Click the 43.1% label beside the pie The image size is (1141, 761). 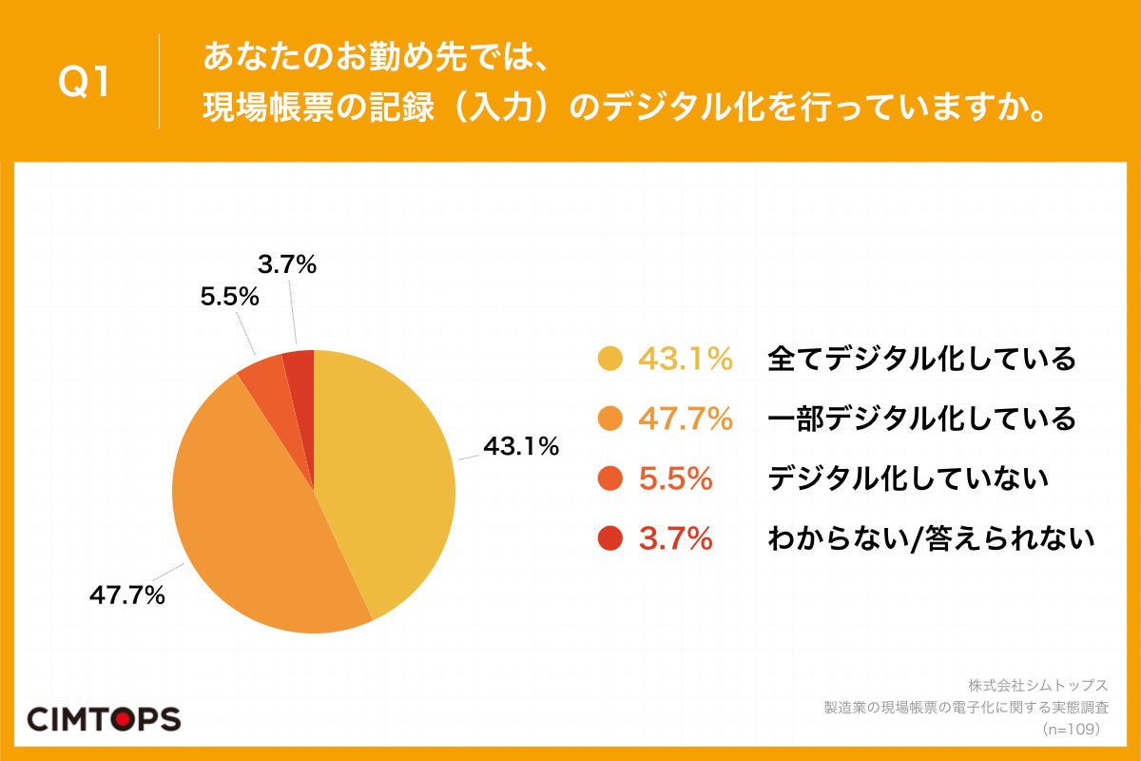(x=521, y=445)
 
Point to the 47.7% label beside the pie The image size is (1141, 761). (x=127, y=596)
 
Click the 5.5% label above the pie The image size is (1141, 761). (x=229, y=297)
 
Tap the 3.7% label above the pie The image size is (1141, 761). (x=286, y=265)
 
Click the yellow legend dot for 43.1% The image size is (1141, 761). (x=609, y=360)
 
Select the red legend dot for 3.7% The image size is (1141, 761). (x=609, y=539)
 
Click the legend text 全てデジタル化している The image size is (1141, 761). (x=921, y=360)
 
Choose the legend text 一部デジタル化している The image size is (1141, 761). (x=921, y=419)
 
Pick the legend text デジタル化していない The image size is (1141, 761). (x=907, y=478)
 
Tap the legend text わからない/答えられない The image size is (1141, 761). (x=931, y=539)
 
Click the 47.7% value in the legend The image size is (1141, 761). (x=686, y=419)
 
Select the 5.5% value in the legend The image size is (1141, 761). (x=676, y=478)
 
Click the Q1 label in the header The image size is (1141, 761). (x=85, y=82)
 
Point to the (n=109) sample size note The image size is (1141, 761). (x=1071, y=729)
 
